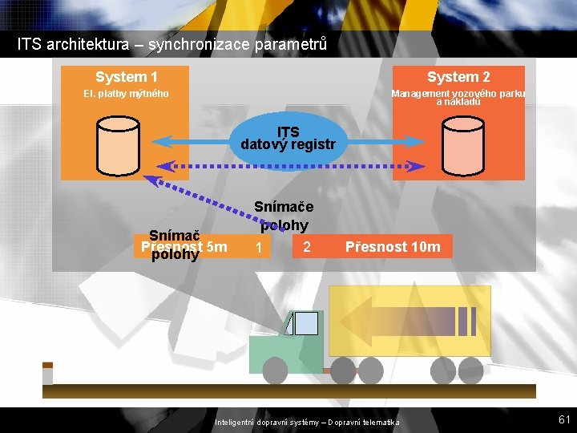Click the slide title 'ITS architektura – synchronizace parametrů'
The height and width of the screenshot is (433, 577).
[x=171, y=43]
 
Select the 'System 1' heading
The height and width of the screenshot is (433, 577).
[x=126, y=77]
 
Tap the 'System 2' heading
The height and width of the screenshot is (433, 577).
[x=458, y=77]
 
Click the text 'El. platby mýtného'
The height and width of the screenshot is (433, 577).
[x=127, y=94]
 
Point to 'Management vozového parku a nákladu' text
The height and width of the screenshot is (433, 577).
[x=458, y=97]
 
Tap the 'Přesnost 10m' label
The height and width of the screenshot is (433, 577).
[x=393, y=247]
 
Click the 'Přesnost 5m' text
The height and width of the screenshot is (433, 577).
[x=184, y=246]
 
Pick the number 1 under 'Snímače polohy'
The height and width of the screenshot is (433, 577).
[x=258, y=249]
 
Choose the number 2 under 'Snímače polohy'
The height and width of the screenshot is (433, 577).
[x=307, y=247]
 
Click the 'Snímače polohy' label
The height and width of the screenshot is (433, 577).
[x=280, y=216]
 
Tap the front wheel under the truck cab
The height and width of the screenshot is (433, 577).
[x=275, y=370]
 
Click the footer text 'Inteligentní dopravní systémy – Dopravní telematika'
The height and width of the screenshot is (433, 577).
[x=307, y=423]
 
